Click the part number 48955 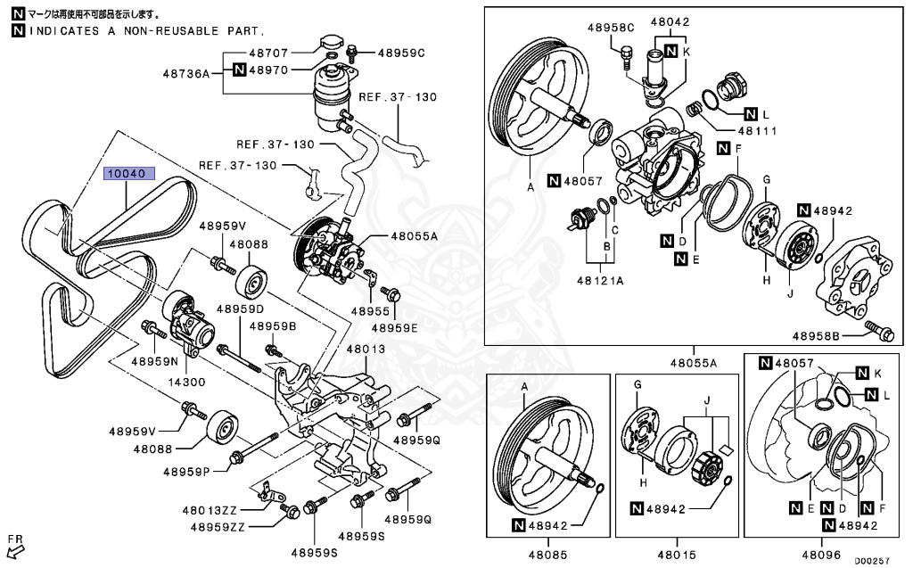(370, 312)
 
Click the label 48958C (611, 27)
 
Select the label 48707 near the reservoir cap (268, 53)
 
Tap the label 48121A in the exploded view (599, 280)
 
